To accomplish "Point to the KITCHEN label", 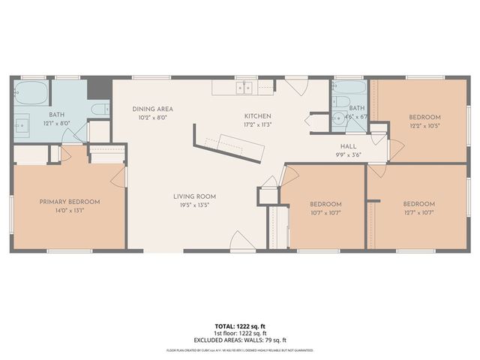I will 257,116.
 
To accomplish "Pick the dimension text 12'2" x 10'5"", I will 424,125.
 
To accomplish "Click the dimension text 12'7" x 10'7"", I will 418,212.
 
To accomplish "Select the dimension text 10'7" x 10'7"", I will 325,212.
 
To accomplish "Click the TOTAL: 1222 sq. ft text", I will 240,327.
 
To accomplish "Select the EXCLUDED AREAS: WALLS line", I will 240,340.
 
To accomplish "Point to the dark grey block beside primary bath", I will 95,87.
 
